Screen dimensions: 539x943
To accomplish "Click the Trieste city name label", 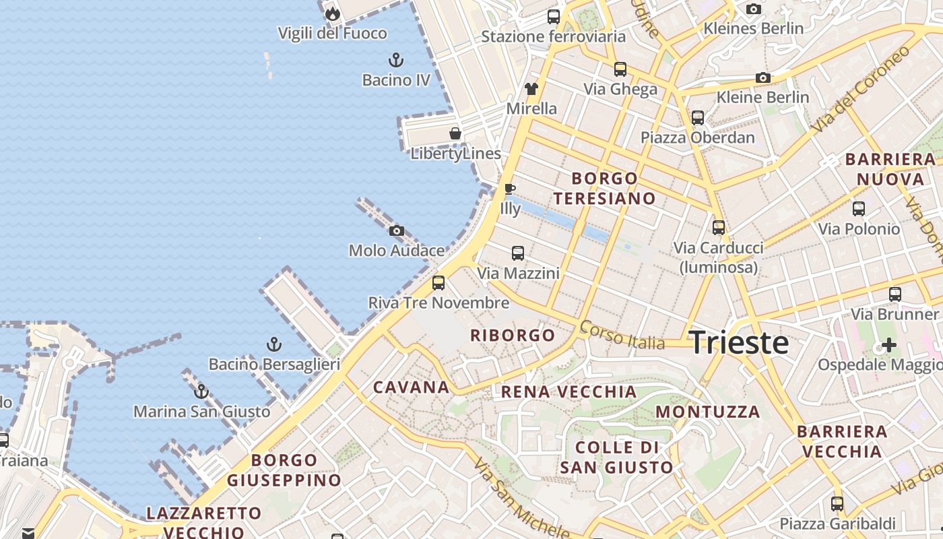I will point(739,342).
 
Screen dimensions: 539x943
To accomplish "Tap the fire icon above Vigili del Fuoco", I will point(332,13).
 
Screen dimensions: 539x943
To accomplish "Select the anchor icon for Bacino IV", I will point(396,60).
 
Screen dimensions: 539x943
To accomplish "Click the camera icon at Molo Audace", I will point(397,231).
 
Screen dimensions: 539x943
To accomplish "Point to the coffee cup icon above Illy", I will point(510,189).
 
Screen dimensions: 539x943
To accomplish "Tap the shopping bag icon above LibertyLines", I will point(455,133).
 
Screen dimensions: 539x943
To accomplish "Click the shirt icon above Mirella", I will point(531,88).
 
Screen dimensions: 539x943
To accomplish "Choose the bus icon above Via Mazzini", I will point(517,253).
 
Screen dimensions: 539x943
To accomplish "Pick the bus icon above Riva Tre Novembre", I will point(438,283).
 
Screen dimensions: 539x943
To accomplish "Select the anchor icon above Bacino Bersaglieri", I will point(273,345).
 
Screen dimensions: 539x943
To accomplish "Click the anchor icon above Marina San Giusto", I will point(201,391).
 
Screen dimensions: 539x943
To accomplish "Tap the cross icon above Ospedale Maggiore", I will point(889,345).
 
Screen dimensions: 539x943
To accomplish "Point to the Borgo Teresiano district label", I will point(604,188).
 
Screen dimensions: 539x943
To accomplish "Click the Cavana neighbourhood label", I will point(411,387).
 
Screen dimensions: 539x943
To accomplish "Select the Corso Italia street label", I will point(622,335).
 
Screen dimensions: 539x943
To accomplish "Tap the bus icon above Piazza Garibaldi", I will point(837,504).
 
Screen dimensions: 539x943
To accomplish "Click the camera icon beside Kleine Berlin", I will point(762,77).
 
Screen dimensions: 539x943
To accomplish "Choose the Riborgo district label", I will point(513,335).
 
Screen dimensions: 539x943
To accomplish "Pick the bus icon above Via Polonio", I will point(858,209).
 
